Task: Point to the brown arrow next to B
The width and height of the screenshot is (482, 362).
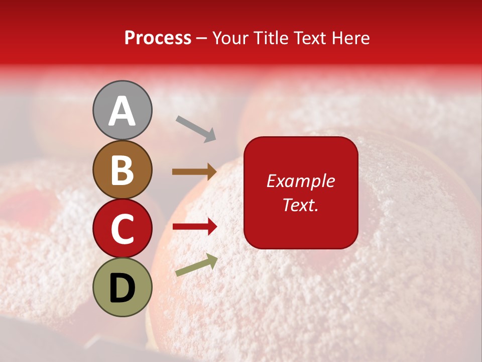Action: click(194, 172)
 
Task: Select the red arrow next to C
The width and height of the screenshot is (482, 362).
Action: click(194, 227)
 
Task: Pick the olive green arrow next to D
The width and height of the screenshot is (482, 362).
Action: click(196, 265)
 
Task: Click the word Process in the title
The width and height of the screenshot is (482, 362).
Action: click(158, 38)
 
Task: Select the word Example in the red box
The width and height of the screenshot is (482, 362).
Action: click(301, 181)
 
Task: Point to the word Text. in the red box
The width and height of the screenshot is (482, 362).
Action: click(301, 205)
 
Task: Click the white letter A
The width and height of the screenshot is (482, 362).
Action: click(123, 111)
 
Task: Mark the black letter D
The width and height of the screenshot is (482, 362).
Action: click(123, 288)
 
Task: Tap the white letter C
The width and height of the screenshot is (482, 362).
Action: click(123, 229)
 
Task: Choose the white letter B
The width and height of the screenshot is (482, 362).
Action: click(123, 170)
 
